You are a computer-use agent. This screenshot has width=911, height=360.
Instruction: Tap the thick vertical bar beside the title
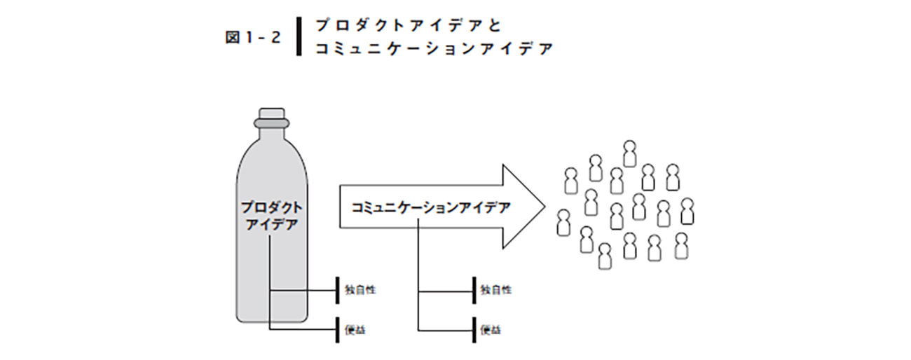tap(299, 36)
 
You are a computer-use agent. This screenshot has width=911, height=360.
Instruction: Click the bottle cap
tap(271, 113)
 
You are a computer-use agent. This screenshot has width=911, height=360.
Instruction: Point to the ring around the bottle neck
tap(271, 123)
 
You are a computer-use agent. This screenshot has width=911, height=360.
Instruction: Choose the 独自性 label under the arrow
tap(496, 289)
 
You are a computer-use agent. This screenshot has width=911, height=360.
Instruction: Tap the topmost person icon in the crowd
tap(629, 153)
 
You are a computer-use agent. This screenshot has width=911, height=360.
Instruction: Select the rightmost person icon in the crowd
tap(687, 211)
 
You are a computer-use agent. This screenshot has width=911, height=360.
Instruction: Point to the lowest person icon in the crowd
tap(605, 256)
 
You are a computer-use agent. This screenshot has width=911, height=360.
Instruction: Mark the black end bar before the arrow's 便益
tap(473, 328)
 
